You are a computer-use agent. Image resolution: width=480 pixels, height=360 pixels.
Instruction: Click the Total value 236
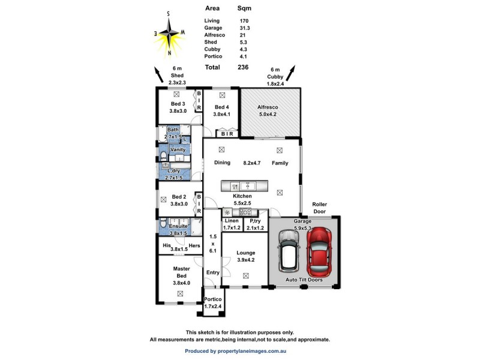(x=244, y=68)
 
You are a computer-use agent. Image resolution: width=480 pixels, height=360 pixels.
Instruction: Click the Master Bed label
(x=181, y=272)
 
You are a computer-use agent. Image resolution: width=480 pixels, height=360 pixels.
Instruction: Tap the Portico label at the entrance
(x=213, y=299)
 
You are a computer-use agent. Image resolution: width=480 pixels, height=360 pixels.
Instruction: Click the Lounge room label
(x=245, y=253)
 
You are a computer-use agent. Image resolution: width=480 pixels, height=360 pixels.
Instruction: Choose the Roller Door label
(x=319, y=208)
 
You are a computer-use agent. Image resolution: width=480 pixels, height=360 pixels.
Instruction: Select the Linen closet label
(x=232, y=221)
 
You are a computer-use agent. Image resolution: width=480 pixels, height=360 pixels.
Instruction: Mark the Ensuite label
(x=178, y=226)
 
